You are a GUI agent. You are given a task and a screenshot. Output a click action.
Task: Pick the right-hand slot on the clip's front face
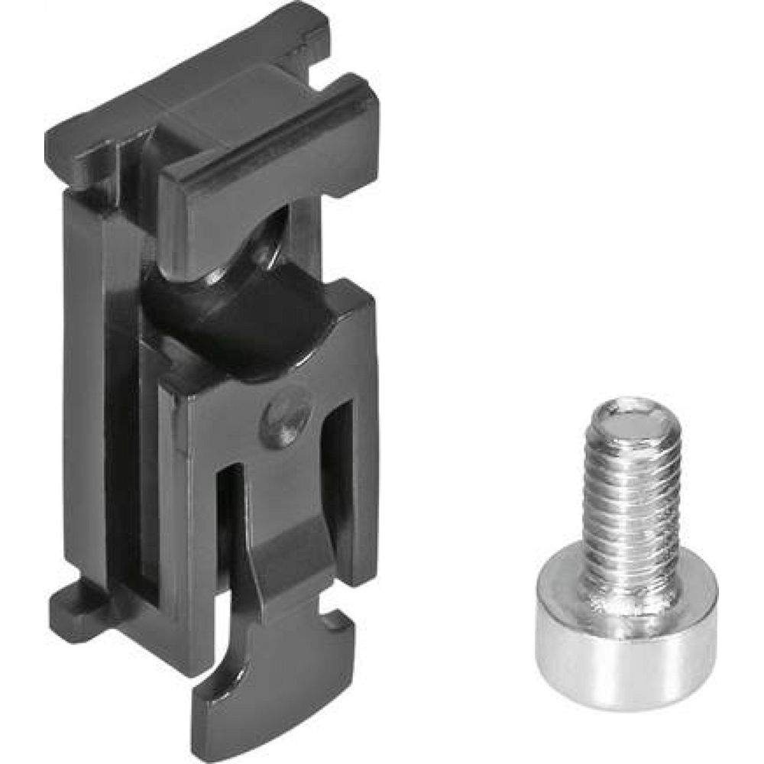click(340, 489)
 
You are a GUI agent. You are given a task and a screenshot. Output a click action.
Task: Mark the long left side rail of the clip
click(84, 382)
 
